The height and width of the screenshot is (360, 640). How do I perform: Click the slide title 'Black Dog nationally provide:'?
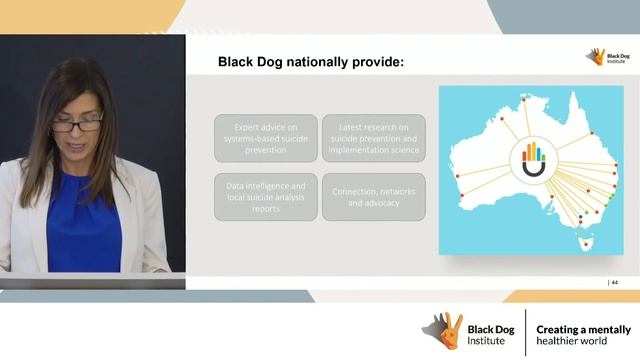click(x=311, y=63)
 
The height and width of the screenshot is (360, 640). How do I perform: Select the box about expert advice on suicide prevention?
click(x=263, y=137)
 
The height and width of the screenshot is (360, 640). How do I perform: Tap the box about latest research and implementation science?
click(x=373, y=137)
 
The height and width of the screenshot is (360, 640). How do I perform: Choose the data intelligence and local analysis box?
click(x=263, y=197)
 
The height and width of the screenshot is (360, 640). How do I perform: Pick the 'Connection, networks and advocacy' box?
click(x=373, y=197)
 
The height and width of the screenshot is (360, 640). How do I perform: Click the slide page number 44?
click(x=615, y=283)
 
